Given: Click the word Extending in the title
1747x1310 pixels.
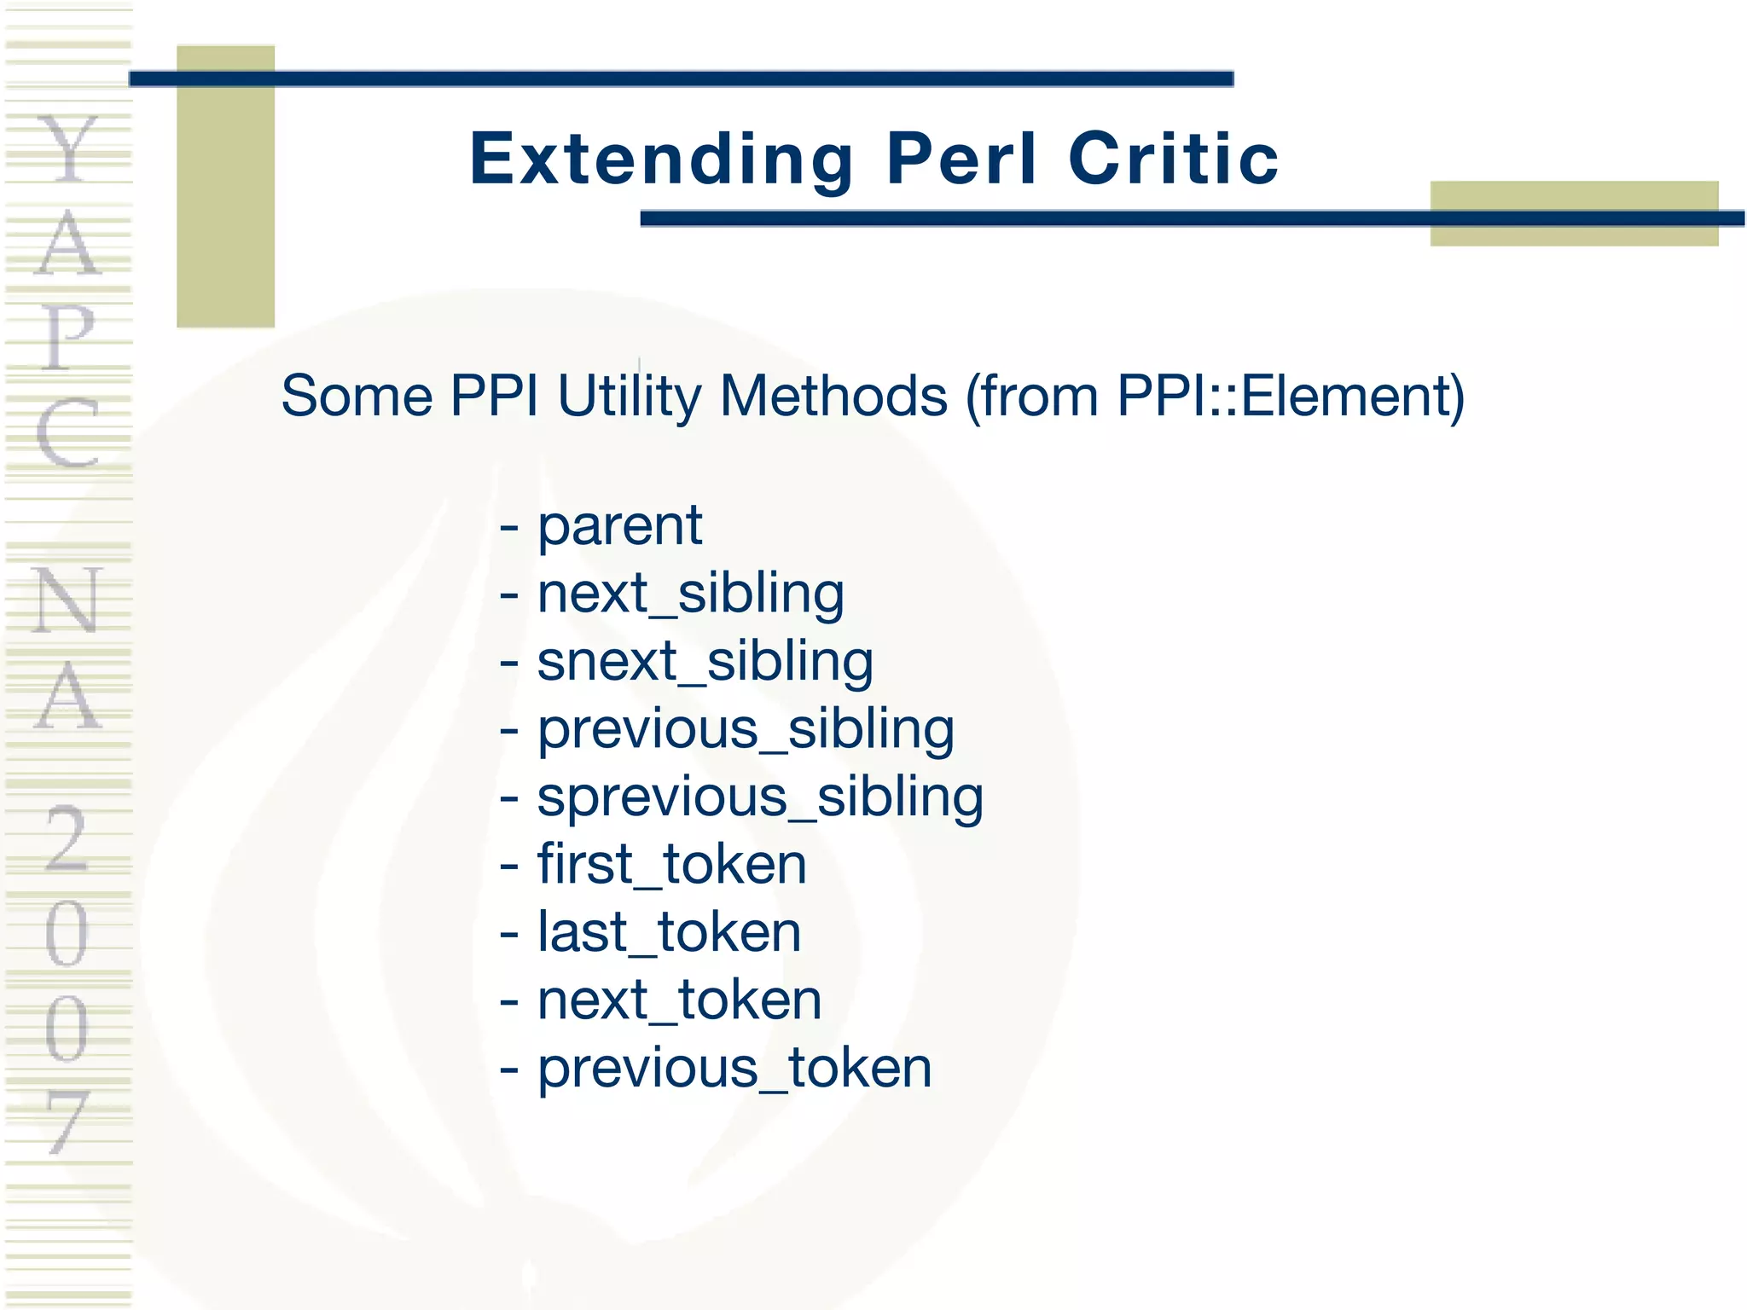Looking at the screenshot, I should coord(661,159).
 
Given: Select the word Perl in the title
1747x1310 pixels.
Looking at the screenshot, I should coord(961,159).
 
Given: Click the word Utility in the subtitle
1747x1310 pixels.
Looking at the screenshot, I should coord(630,397).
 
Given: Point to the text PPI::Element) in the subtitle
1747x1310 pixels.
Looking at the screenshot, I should coord(1291,397).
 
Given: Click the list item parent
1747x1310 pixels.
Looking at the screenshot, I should coord(619,525).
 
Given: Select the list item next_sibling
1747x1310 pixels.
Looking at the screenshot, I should coord(690,594).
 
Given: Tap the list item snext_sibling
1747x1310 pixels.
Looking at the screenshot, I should coord(705,662).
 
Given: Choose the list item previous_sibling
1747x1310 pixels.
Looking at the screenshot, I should coord(746,730).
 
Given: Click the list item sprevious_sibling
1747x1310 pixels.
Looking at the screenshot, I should coord(760,797).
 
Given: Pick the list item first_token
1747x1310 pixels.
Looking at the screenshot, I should coord(671,865).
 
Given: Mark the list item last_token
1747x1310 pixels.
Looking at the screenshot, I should coord(669,932).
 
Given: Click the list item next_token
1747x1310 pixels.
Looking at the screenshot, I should coord(679,1000).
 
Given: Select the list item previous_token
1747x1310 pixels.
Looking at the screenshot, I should coord(734,1068).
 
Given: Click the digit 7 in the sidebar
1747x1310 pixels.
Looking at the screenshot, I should coord(67,1121).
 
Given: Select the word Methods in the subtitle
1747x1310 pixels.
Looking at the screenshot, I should coord(833,397).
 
